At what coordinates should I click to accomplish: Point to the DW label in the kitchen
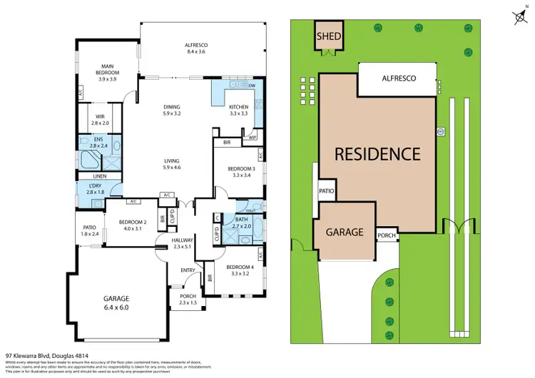(252, 86)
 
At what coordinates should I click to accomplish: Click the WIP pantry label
(253, 137)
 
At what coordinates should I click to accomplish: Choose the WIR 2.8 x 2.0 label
(99, 118)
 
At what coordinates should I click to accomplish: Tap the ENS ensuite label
(98, 143)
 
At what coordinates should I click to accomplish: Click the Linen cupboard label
(99, 177)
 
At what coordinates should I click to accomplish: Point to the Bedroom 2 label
(133, 225)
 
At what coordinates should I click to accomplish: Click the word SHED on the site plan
(330, 36)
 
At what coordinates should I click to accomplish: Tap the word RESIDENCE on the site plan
(377, 153)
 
